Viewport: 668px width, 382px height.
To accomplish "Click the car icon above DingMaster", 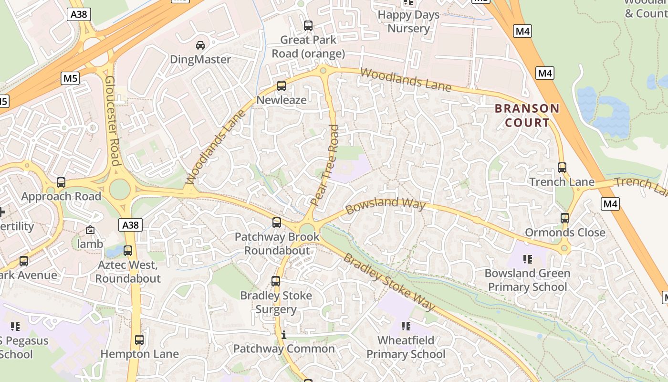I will click(x=200, y=45).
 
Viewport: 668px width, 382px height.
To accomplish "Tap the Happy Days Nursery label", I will click(x=408, y=21).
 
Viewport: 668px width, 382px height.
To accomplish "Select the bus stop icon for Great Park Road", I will click(x=308, y=26).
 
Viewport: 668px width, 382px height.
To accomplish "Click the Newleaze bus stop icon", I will click(x=282, y=86).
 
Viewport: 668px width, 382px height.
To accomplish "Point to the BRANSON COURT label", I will click(x=527, y=116).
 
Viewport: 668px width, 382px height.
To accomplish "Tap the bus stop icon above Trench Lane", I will click(x=562, y=168).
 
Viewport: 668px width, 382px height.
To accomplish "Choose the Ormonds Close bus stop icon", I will click(x=565, y=218).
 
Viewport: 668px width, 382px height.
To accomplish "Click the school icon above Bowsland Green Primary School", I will click(x=527, y=259).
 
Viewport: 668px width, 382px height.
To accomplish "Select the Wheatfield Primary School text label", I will click(x=406, y=347).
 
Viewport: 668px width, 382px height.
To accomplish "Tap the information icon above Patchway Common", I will click(x=284, y=335).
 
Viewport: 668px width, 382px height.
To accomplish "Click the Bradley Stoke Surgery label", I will click(x=276, y=302).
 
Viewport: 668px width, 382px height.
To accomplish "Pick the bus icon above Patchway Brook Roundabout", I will click(x=277, y=223).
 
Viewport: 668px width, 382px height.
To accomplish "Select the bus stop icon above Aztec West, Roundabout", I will click(x=128, y=251).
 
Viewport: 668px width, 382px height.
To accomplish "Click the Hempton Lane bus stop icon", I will click(x=139, y=340).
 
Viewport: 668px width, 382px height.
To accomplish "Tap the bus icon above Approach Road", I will click(x=61, y=182).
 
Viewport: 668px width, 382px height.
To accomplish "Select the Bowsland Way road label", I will click(x=385, y=205).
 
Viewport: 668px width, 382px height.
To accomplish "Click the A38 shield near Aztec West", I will click(x=131, y=225).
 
